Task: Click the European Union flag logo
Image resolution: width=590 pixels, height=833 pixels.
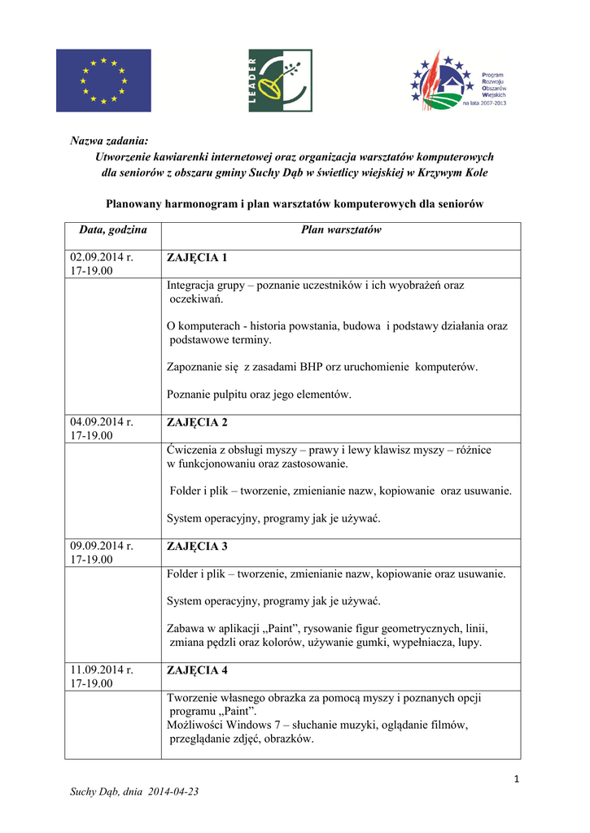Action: point(103,81)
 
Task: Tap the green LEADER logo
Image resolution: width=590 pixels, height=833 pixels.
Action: point(280,81)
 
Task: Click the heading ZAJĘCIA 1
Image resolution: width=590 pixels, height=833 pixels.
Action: point(198,258)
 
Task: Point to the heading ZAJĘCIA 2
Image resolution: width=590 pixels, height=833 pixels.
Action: point(198,422)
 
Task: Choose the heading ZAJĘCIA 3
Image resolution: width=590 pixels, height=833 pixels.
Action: point(198,546)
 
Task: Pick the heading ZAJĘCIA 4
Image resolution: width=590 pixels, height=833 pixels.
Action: point(198,670)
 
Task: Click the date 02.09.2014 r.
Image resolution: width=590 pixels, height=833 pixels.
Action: point(102,258)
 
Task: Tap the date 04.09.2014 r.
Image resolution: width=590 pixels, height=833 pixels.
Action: point(102,422)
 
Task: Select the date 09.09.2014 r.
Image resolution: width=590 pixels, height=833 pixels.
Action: point(102,546)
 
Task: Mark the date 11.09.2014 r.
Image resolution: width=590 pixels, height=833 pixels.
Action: point(102,670)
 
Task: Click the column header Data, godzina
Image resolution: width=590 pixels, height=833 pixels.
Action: point(113,230)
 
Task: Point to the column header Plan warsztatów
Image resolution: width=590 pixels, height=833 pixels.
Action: point(341,230)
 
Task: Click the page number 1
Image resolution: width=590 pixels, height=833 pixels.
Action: point(516,780)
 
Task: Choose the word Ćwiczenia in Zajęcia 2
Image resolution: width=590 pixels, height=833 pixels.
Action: point(193,450)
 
